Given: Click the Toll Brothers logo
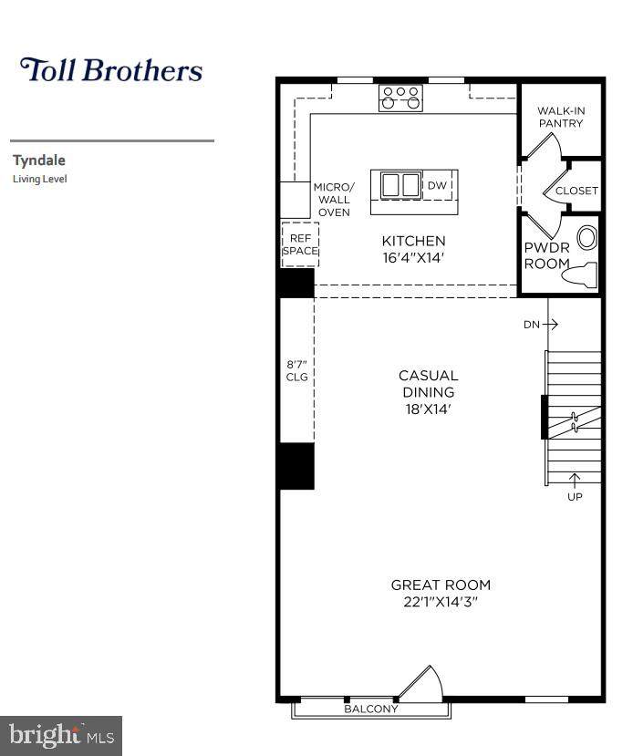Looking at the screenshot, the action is tap(111, 69).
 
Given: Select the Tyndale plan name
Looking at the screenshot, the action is tap(39, 161).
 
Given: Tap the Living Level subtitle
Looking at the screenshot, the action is tap(40, 179).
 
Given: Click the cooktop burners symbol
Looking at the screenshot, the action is tap(400, 98).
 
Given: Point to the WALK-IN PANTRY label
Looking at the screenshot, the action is tap(561, 117).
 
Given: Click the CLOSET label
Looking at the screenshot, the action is tap(576, 191).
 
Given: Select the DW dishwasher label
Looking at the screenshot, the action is tap(437, 185).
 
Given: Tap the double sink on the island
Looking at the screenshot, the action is tap(400, 184).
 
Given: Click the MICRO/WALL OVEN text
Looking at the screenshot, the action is tap(334, 200).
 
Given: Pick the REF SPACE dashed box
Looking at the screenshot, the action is tap(300, 244).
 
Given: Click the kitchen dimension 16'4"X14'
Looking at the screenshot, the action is tap(413, 257).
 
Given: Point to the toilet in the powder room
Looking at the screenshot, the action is tap(579, 274).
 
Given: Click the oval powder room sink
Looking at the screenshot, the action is tap(587, 238).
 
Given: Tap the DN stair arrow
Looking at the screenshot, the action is tap(550, 324).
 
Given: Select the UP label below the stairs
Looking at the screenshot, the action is tap(575, 497).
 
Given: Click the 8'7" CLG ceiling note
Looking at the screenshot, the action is tap(297, 370).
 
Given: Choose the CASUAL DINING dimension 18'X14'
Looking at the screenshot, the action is tap(428, 409).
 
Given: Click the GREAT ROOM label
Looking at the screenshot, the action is tap(441, 585).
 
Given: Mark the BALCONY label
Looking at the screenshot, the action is tap(371, 709).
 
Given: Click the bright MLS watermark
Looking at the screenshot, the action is tap(61, 736).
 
